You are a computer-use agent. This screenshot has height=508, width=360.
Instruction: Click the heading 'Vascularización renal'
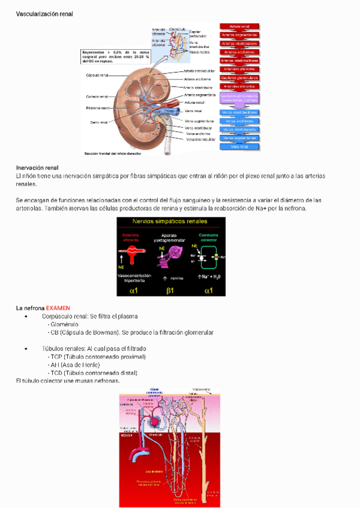[44, 13]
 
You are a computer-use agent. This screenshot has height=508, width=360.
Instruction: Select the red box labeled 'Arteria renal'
[240, 26]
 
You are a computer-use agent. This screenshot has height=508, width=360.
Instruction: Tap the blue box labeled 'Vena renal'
[240, 146]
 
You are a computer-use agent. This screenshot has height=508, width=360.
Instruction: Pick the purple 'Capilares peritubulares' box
[240, 97]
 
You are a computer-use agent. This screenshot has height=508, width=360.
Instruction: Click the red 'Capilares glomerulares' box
[240, 78]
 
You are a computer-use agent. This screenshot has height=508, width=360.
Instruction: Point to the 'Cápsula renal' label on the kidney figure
[98, 75]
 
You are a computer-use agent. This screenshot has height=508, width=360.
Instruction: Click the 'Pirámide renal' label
[97, 108]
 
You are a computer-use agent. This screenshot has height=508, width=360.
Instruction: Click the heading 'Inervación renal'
[37, 167]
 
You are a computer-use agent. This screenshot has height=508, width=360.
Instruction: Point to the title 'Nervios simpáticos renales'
[170, 222]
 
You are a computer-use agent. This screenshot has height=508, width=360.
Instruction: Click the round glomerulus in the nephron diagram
[154, 422]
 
